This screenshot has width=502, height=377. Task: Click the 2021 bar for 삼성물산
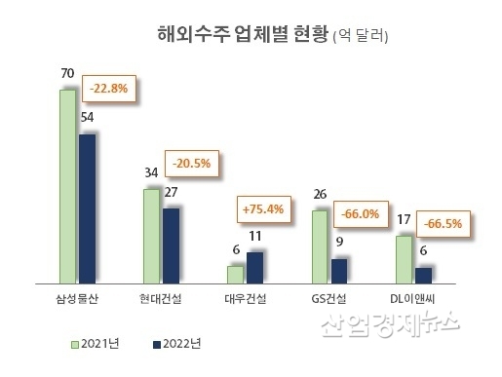click(x=68, y=185)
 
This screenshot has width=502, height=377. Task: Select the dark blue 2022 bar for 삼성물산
click(x=88, y=207)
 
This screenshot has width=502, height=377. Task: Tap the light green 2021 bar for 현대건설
click(x=152, y=234)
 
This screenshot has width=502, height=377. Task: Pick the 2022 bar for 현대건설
click(x=172, y=244)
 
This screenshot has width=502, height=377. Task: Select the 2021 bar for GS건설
click(x=320, y=245)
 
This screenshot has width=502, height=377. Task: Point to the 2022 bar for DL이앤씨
click(x=423, y=274)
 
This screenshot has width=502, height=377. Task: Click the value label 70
click(x=67, y=72)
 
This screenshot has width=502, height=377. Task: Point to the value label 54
click(x=86, y=117)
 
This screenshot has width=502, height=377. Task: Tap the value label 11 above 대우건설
click(x=254, y=237)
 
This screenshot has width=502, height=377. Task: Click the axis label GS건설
click(x=328, y=299)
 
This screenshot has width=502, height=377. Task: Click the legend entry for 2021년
click(x=95, y=343)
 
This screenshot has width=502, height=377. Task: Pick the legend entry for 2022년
click(x=177, y=343)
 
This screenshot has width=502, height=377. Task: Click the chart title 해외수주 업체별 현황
click(x=242, y=37)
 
